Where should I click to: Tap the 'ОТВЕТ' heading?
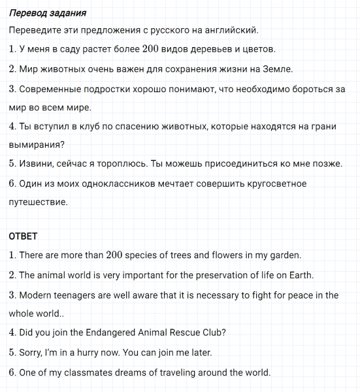[x=24, y=236]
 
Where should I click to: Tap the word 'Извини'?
[x=36, y=164]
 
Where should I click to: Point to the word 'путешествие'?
[x=37, y=203]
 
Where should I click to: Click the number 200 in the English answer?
[x=114, y=255]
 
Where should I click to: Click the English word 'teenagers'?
[x=77, y=295]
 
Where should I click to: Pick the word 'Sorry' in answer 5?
[x=32, y=353]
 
